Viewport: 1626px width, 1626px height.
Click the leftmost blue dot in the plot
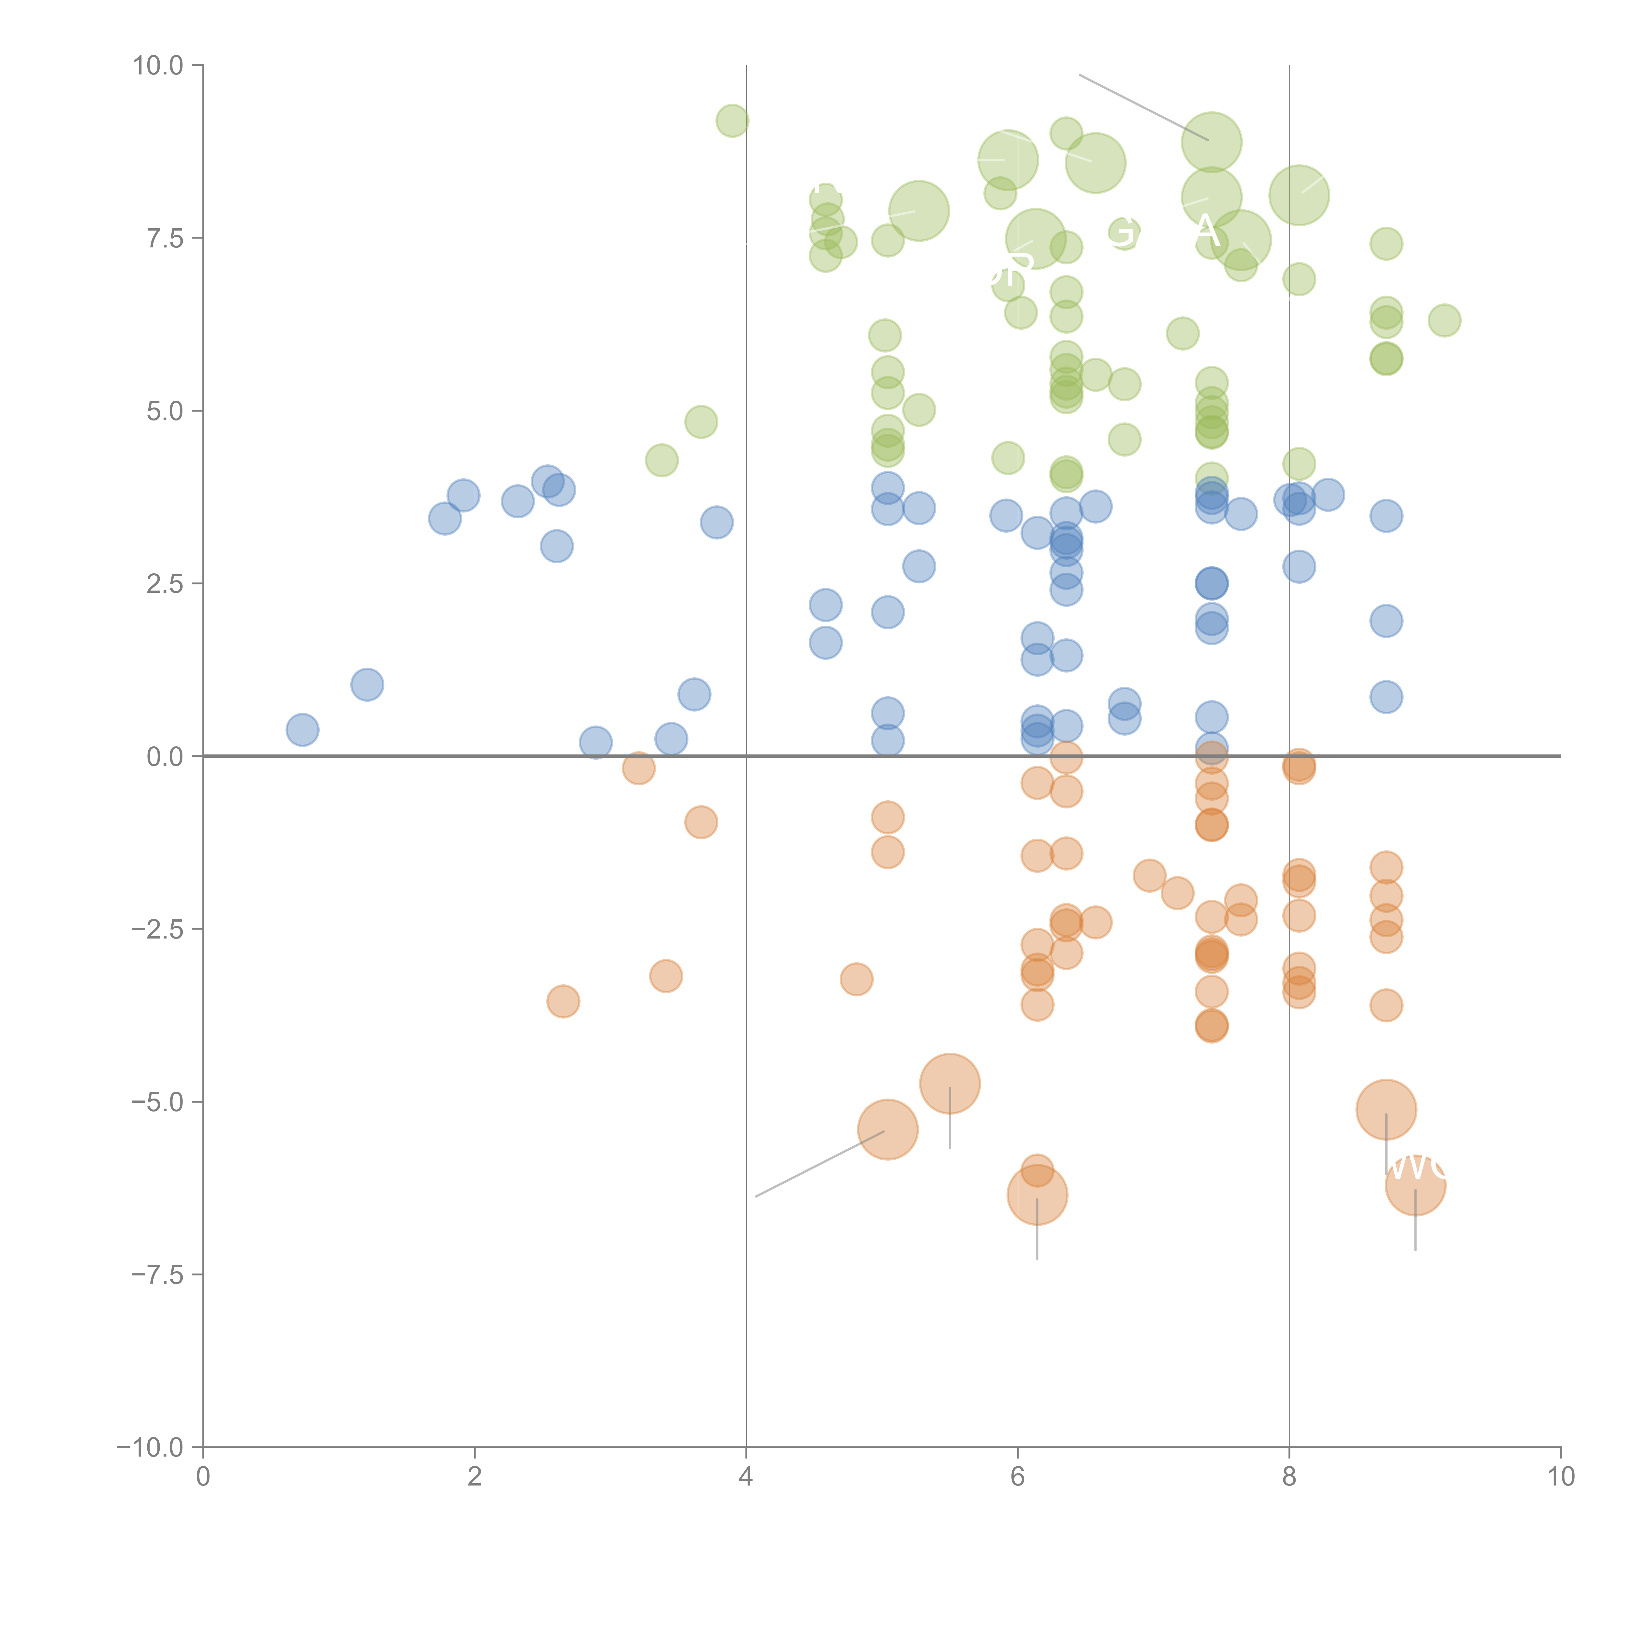[x=302, y=730]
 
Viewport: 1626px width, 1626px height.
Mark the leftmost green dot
[x=661, y=460]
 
